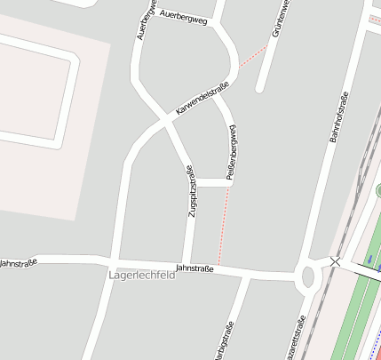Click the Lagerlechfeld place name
pos(141,276)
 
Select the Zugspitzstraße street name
pos(190,191)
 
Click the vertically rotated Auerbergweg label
pos(141,20)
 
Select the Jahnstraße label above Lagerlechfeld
pos(195,268)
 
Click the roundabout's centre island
pos(309,276)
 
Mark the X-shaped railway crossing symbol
pos(335,261)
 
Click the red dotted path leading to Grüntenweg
pos(254,54)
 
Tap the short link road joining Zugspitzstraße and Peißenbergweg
pos(210,183)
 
